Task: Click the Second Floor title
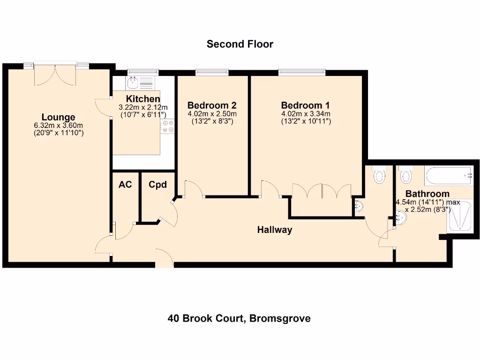(x=240, y=44)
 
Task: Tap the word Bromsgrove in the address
(x=280, y=319)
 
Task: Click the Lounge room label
(x=58, y=117)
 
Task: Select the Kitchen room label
(x=143, y=99)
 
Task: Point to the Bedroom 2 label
(x=212, y=105)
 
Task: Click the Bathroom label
(x=427, y=194)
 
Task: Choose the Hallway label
(x=275, y=230)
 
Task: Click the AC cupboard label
(x=125, y=185)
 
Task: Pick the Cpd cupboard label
(x=157, y=185)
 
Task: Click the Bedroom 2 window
(x=212, y=72)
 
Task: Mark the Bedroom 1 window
(x=301, y=72)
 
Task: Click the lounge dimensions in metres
(x=58, y=126)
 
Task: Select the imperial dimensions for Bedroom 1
(x=306, y=121)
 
